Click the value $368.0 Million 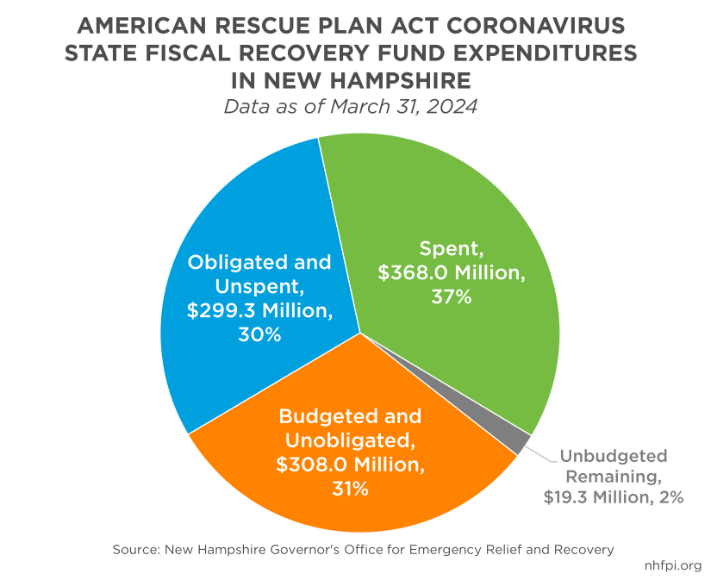pos(451,273)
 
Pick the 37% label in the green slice pos(451,297)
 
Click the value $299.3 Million pos(259,310)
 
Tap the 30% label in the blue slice pos(259,334)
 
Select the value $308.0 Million pos(350,465)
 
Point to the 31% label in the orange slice pos(350,490)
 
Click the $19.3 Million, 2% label pos(613,497)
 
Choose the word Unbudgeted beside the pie pos(613,456)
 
